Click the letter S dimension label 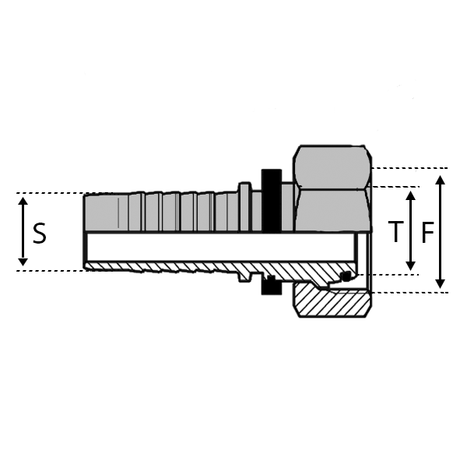point(40,233)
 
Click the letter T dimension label point(396,232)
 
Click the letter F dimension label point(427,233)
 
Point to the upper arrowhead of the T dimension point(411,193)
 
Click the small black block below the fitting point(270,287)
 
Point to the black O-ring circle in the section point(347,276)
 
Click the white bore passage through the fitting point(218,247)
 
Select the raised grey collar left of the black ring point(244,206)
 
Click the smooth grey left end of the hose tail point(101,212)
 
